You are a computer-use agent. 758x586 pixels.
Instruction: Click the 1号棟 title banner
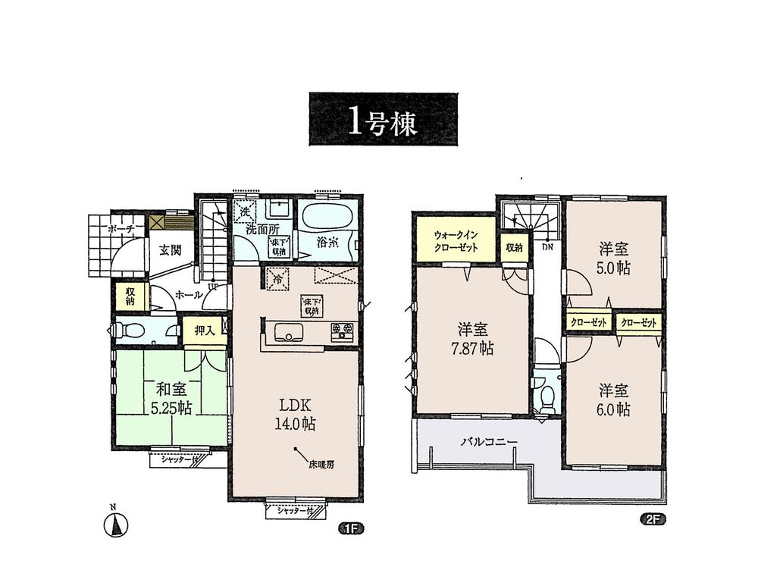tap(384, 120)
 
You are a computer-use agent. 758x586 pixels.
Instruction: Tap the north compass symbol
tap(116, 524)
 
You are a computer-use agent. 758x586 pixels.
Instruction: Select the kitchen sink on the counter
tap(289, 332)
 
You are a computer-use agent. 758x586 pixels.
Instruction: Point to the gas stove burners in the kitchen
tap(342, 331)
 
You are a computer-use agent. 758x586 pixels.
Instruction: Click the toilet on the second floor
tap(544, 396)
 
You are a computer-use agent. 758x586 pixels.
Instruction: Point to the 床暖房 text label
tap(321, 462)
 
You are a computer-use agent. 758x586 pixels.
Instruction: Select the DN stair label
tap(547, 246)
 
